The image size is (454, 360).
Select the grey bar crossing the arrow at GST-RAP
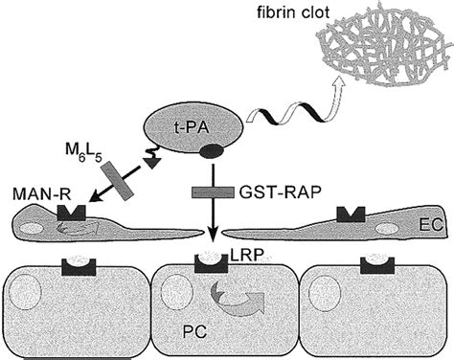click(x=210, y=193)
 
